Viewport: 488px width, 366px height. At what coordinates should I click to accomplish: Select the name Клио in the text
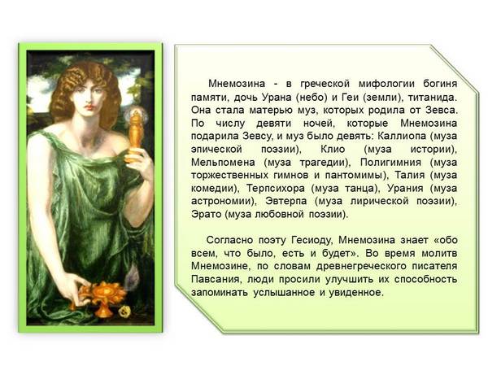(x=333, y=149)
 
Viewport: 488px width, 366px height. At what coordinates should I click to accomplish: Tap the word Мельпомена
(x=223, y=162)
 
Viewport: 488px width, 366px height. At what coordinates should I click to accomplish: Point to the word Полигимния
(x=390, y=162)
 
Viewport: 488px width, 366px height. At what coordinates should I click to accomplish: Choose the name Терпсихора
(x=276, y=188)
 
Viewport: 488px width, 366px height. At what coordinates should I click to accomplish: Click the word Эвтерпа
(x=286, y=201)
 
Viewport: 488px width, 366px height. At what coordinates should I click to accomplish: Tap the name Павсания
(x=216, y=279)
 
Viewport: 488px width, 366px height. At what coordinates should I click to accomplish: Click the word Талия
(x=410, y=175)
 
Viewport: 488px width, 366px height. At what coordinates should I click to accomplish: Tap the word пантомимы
(x=357, y=175)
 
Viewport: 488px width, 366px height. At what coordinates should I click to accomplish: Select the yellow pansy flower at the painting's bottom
(x=125, y=311)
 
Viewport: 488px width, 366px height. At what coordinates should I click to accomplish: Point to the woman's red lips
(x=89, y=107)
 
